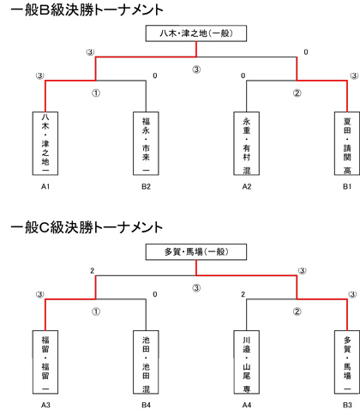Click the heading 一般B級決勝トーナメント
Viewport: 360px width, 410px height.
coord(87,10)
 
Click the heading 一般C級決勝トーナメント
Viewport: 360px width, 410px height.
coord(87,227)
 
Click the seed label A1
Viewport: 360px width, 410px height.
coord(45,187)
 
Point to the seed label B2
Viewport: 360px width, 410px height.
coord(146,187)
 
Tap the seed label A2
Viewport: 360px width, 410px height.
coord(247,187)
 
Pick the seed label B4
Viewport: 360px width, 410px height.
coord(146,405)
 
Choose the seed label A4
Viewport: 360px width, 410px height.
coord(247,405)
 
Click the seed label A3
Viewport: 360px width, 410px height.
coord(45,405)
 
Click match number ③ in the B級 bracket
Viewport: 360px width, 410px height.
coord(196,69)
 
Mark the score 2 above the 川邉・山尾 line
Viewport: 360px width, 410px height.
coord(243,294)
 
